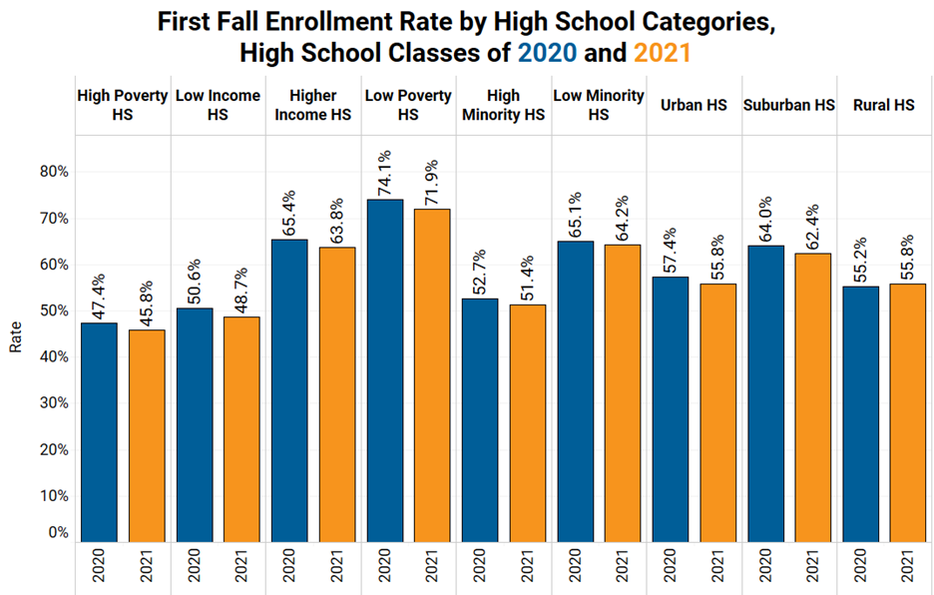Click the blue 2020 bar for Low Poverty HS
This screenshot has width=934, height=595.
coord(385,370)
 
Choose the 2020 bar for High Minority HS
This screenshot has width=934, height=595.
coord(480,419)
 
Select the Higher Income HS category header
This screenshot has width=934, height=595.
coord(312,105)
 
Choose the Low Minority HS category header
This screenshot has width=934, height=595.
coord(598,105)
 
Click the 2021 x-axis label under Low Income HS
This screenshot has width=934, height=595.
coord(242,567)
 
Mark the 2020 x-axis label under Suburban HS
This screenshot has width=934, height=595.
coord(765,567)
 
